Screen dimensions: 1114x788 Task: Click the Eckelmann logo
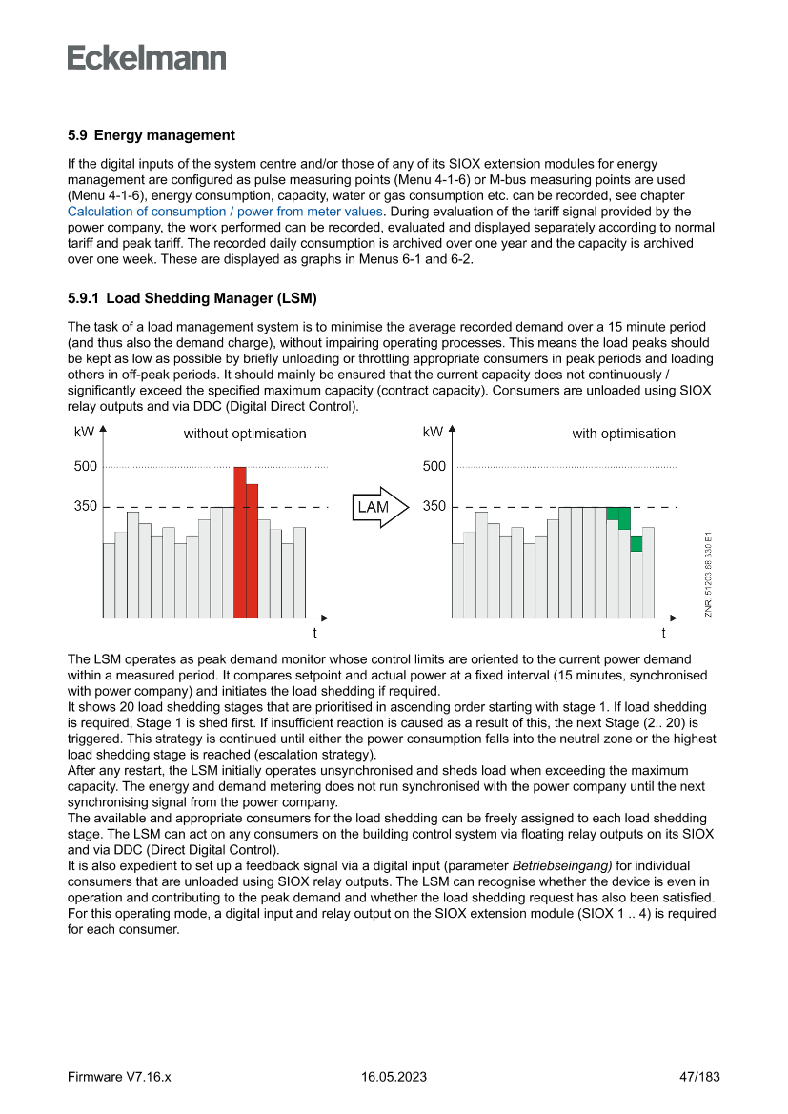pos(147,58)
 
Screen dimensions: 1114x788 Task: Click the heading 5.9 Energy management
pos(152,135)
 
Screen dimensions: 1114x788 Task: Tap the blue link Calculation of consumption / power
pos(225,212)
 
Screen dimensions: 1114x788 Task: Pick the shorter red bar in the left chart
pos(253,550)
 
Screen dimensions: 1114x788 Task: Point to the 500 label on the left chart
pos(86,467)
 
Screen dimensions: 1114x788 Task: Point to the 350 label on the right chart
pos(434,506)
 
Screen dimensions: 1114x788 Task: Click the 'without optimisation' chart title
pos(245,434)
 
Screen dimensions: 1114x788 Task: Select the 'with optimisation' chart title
pos(623,434)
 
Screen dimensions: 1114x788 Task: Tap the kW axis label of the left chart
pos(84,432)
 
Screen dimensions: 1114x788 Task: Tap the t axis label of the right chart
pos(664,633)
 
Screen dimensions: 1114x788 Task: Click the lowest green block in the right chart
pos(636,543)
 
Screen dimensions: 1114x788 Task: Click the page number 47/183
pos(698,1077)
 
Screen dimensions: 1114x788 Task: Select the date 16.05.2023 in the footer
pos(394,1077)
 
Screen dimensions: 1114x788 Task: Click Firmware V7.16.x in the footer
pos(119,1077)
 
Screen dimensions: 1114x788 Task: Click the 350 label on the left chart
pos(86,506)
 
